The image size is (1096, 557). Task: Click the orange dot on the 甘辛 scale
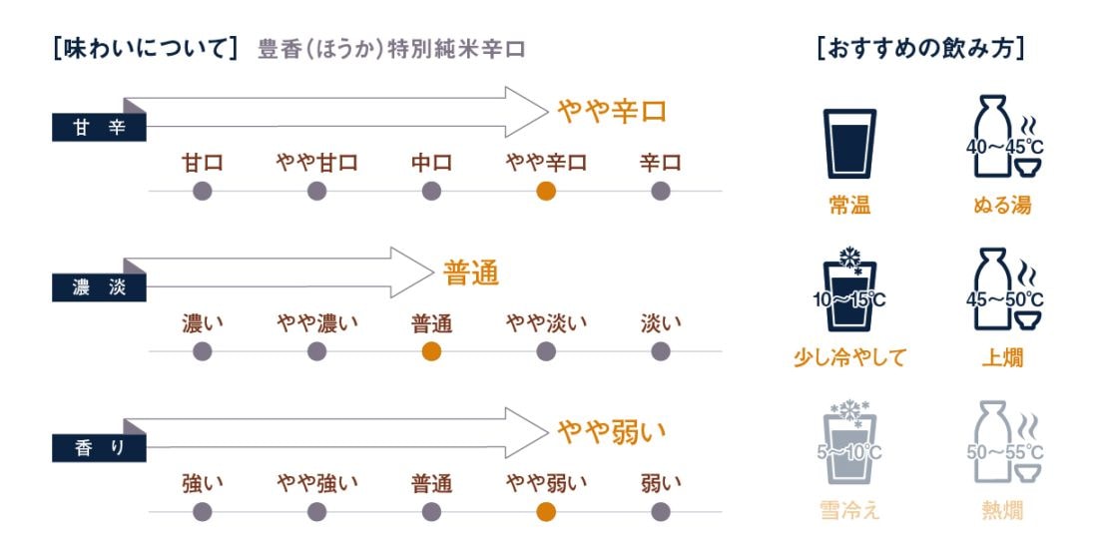pyautogui.click(x=546, y=191)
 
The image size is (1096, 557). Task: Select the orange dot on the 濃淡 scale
pyautogui.click(x=431, y=350)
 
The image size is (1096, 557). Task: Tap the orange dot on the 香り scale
pyautogui.click(x=546, y=511)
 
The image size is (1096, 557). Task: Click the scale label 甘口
pyautogui.click(x=202, y=163)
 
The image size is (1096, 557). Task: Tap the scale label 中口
pyautogui.click(x=431, y=163)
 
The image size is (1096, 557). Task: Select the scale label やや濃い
pyautogui.click(x=316, y=322)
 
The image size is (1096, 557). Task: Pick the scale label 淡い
pyautogui.click(x=661, y=322)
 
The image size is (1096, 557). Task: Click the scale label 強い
pyautogui.click(x=202, y=483)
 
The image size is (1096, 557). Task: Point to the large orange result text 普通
pyautogui.click(x=471, y=273)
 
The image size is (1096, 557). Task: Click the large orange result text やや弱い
pyautogui.click(x=612, y=432)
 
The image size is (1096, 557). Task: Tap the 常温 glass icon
pyautogui.click(x=849, y=144)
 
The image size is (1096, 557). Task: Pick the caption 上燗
pyautogui.click(x=1002, y=357)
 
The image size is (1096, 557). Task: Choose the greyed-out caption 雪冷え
pyautogui.click(x=849, y=511)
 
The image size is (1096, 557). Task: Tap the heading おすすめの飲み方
pyautogui.click(x=920, y=49)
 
